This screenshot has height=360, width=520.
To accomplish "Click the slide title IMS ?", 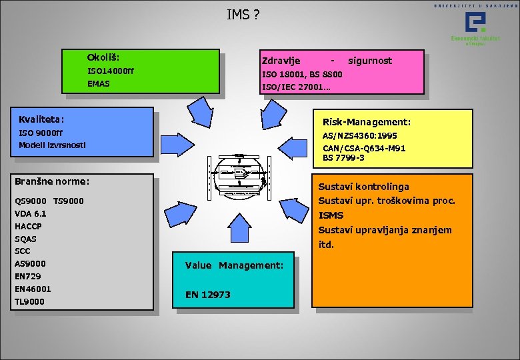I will point(243,13).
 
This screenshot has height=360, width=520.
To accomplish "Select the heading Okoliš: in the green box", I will point(103,58).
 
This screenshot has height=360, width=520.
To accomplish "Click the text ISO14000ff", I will point(111,71).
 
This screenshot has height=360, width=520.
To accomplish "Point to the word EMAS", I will point(99,85).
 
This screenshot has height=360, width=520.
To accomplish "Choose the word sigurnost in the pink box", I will point(370,61).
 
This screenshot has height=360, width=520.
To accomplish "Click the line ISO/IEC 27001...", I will point(296,87).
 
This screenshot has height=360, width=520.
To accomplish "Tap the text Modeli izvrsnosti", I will point(53,145).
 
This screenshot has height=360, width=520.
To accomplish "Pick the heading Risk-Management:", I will point(367,123).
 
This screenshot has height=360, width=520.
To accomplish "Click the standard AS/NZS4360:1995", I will point(360,136).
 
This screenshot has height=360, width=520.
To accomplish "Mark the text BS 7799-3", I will point(343,158).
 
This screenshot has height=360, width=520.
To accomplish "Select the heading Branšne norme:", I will point(52,181).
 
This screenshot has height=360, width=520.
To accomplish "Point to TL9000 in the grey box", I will point(29,301).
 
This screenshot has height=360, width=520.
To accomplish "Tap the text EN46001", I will point(33,289).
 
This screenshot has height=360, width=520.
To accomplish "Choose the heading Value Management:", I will point(234,265).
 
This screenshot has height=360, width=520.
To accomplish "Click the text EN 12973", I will point(208,295).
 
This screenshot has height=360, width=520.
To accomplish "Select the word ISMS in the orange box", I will point(331,215).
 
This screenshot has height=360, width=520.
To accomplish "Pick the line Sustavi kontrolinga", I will point(363,187).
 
